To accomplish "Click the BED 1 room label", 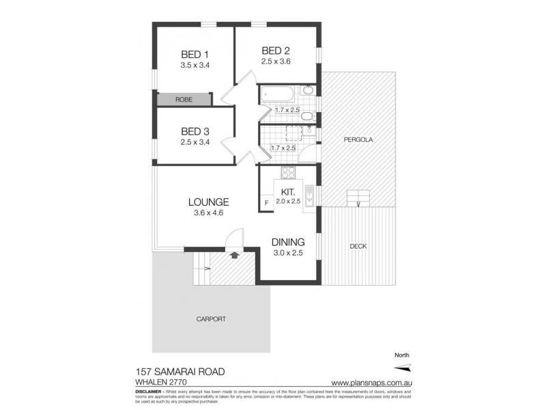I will click(195, 55).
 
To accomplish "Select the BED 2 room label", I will click(276, 50).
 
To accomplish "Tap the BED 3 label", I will click(195, 131).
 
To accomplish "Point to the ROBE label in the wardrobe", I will click(184, 100).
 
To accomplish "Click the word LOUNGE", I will click(208, 202).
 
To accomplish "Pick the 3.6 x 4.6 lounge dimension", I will click(208, 213).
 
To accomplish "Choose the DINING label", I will click(287, 242).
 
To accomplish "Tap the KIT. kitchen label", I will click(287, 192).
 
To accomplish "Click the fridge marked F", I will click(266, 202).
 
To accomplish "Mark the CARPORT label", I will click(211, 319).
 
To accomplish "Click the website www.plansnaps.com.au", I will click(371, 382).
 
